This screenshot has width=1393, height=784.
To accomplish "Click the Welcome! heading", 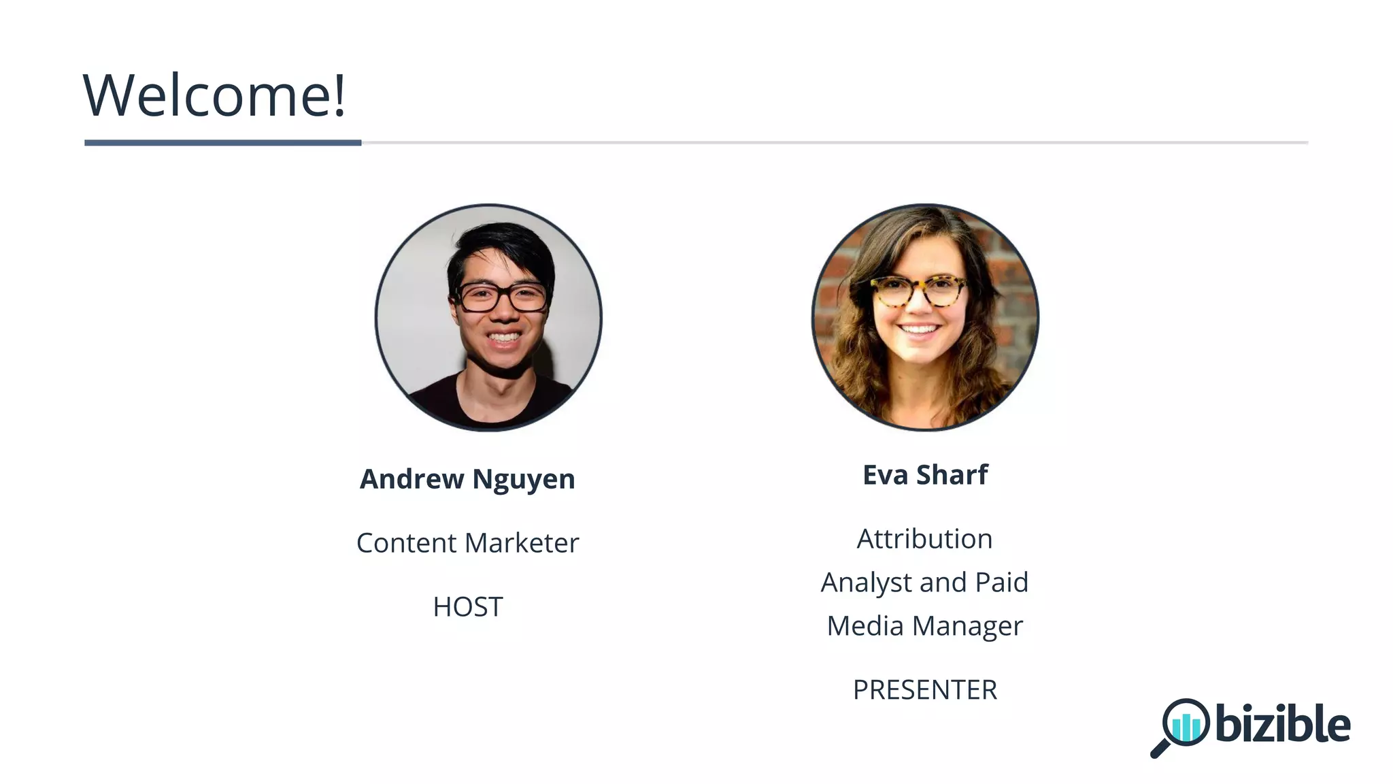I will [x=214, y=95].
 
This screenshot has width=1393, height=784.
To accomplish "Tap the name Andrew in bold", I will [x=412, y=479].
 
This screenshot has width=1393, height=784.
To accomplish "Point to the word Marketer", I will [x=522, y=543].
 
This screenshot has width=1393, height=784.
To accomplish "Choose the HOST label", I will [x=468, y=607].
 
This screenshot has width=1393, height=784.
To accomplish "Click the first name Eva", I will [x=885, y=475].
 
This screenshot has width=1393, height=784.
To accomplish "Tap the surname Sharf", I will [x=952, y=475].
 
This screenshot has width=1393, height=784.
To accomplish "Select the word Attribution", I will [x=924, y=539].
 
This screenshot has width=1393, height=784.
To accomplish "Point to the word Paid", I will [x=1001, y=583].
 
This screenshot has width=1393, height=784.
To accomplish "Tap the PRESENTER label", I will [x=925, y=690].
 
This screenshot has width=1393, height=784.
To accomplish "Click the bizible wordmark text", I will [x=1282, y=724].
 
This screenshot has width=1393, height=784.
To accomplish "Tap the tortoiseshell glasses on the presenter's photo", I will [x=920, y=291].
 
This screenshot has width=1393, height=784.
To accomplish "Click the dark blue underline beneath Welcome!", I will [x=222, y=143].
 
